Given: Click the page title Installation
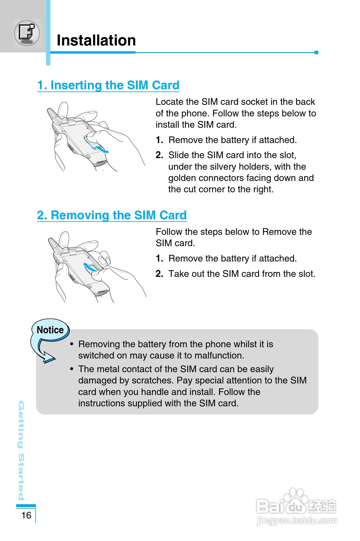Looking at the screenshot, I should click(96, 40).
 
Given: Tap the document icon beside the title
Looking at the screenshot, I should click(27, 33).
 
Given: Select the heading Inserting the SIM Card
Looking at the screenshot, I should click(108, 85).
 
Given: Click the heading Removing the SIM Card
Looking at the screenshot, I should click(112, 215).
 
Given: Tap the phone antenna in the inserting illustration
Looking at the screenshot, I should click(54, 115).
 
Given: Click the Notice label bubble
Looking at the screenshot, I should click(50, 330).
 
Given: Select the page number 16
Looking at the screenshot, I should click(26, 515).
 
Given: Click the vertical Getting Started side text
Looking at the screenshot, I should click(21, 450).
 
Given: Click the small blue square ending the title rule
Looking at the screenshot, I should click(316, 52).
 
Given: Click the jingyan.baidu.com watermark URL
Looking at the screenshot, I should click(297, 521).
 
